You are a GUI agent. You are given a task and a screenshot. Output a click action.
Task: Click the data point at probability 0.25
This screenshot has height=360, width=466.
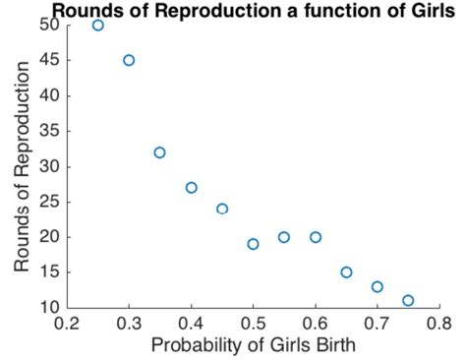pyautogui.click(x=98, y=25)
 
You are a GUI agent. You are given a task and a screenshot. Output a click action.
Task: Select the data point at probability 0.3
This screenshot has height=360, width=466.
pyautogui.click(x=129, y=60)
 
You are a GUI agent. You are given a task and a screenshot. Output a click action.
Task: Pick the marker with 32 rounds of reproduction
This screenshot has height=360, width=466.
pyautogui.click(x=159, y=152)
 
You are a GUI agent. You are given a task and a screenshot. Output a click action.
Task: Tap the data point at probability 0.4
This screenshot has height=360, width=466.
pyautogui.click(x=191, y=188)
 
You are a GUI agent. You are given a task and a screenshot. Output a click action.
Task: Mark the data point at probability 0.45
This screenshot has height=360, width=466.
pyautogui.click(x=222, y=209)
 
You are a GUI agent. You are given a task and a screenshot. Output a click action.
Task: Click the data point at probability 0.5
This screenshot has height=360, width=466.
pyautogui.click(x=254, y=244)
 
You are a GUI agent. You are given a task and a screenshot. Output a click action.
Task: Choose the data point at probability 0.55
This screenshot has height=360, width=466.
pyautogui.click(x=284, y=237)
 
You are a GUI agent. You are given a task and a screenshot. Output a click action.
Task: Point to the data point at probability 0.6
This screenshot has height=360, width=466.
pyautogui.click(x=316, y=237)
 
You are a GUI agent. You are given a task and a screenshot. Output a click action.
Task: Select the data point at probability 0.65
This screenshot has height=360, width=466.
pyautogui.click(x=346, y=272)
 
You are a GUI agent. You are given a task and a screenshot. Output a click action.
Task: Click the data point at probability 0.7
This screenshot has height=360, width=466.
pyautogui.click(x=378, y=286)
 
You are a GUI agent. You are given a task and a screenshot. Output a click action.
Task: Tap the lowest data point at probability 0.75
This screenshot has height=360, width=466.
pyautogui.click(x=408, y=300)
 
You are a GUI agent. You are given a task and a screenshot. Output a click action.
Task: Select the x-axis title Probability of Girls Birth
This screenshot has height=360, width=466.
pyautogui.click(x=253, y=346)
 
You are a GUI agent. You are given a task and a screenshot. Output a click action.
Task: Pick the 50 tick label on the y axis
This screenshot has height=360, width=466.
pyautogui.click(x=49, y=25)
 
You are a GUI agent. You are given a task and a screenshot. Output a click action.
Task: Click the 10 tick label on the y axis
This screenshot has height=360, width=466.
pyautogui.click(x=49, y=307)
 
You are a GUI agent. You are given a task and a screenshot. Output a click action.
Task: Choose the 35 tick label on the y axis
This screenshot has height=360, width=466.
pyautogui.click(x=49, y=131)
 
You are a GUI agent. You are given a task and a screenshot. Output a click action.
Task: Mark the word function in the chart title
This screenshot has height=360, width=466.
pyautogui.click(x=320, y=11)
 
